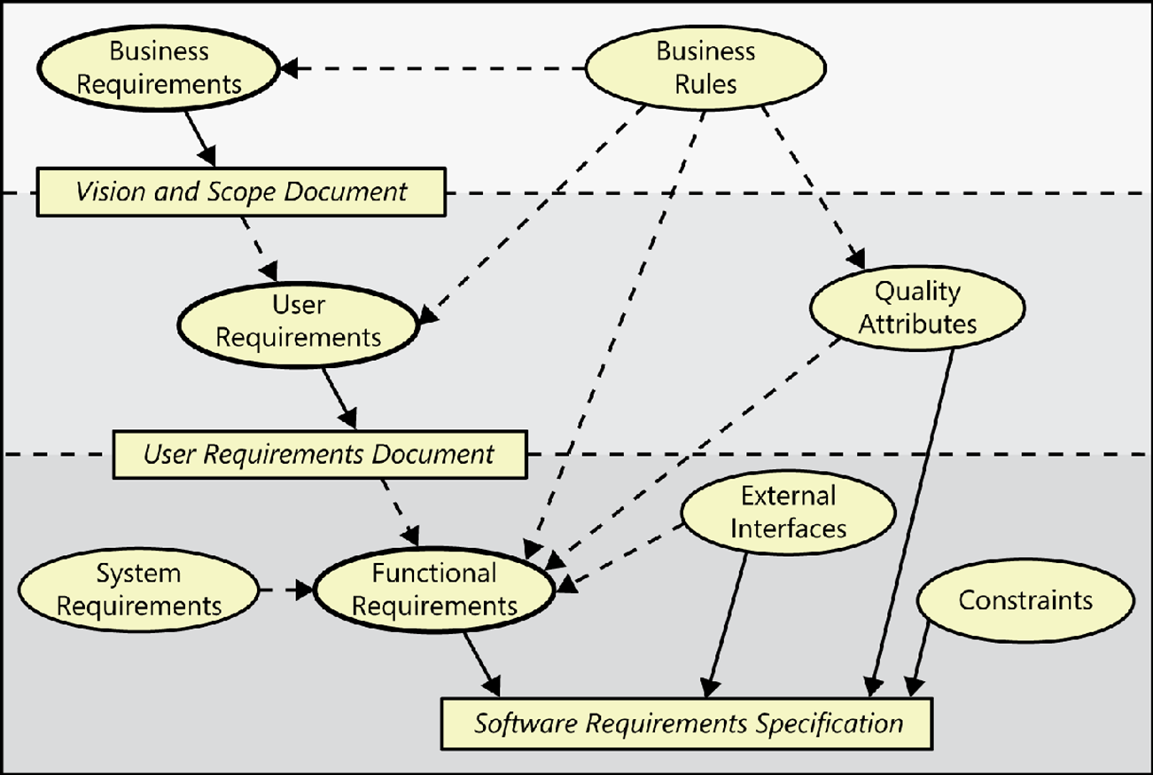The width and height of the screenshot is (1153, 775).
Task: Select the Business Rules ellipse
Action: [705, 67]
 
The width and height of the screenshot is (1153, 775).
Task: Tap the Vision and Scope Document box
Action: [240, 192]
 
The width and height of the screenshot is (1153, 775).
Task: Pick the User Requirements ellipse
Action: [298, 321]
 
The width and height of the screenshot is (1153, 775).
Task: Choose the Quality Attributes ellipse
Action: [916, 307]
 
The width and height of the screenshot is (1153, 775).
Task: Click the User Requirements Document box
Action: [319, 454]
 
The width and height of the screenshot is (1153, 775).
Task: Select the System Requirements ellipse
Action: [138, 590]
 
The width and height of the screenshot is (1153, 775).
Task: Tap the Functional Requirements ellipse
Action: [433, 590]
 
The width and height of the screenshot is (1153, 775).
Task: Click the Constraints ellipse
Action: [1025, 600]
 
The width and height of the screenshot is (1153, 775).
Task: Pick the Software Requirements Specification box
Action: [688, 723]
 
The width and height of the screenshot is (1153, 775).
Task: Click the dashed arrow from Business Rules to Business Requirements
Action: [434, 68]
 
